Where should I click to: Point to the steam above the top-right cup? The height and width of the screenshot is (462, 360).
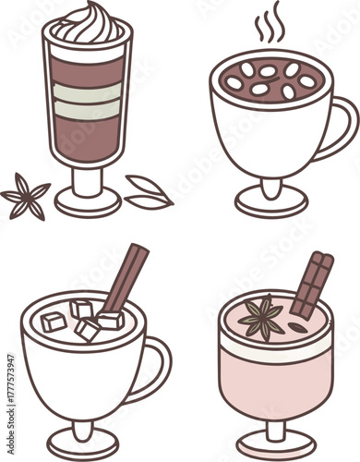pos(269,28)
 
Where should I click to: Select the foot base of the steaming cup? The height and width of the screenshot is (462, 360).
pos(270,201)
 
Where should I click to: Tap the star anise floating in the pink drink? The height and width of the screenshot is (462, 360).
pos(262,318)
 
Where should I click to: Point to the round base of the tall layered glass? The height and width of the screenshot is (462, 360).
pos(87,201)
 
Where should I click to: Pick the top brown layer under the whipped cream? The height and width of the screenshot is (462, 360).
pos(87,69)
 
